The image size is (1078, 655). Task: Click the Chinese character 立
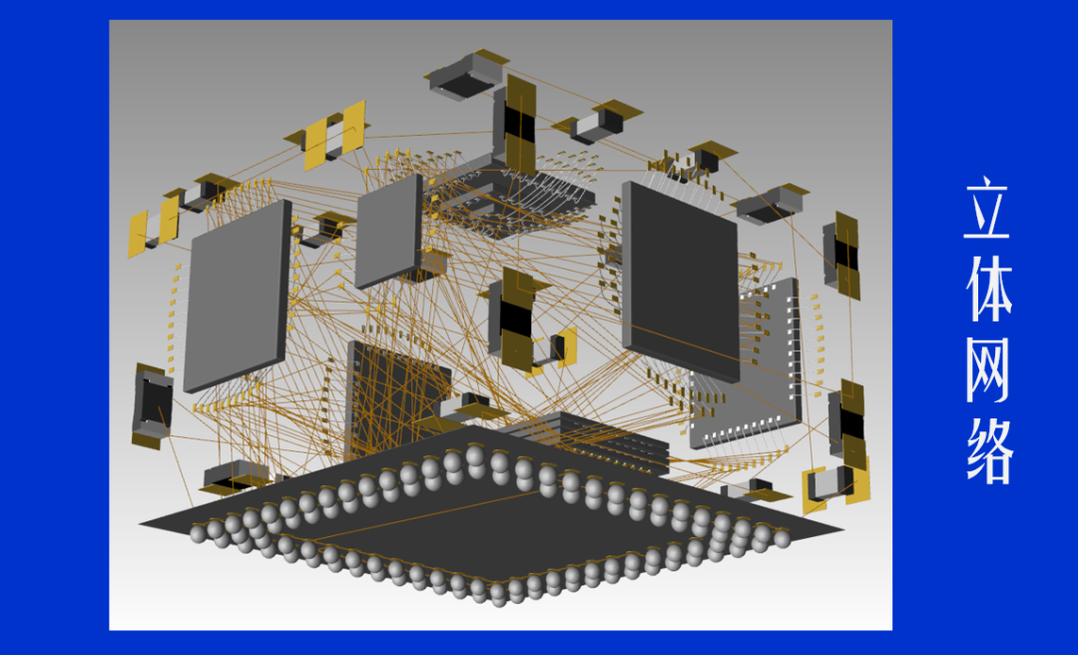click(987, 211)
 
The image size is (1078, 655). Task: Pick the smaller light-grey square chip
click(388, 231)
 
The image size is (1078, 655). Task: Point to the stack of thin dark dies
click(589, 439)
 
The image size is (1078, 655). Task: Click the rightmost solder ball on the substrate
click(782, 539)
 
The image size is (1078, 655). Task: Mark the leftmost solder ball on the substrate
click(199, 535)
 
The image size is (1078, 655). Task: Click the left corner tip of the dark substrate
click(142, 521)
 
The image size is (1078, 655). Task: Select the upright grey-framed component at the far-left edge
click(152, 405)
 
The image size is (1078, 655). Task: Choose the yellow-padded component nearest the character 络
click(834, 483)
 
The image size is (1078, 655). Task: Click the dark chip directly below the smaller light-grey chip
click(397, 394)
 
